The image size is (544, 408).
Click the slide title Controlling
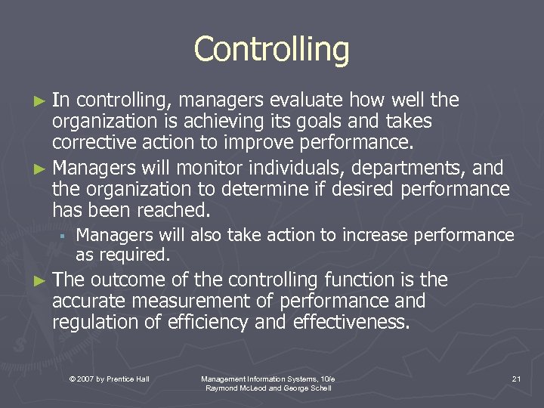(x=271, y=50)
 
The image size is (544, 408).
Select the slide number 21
(x=516, y=379)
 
